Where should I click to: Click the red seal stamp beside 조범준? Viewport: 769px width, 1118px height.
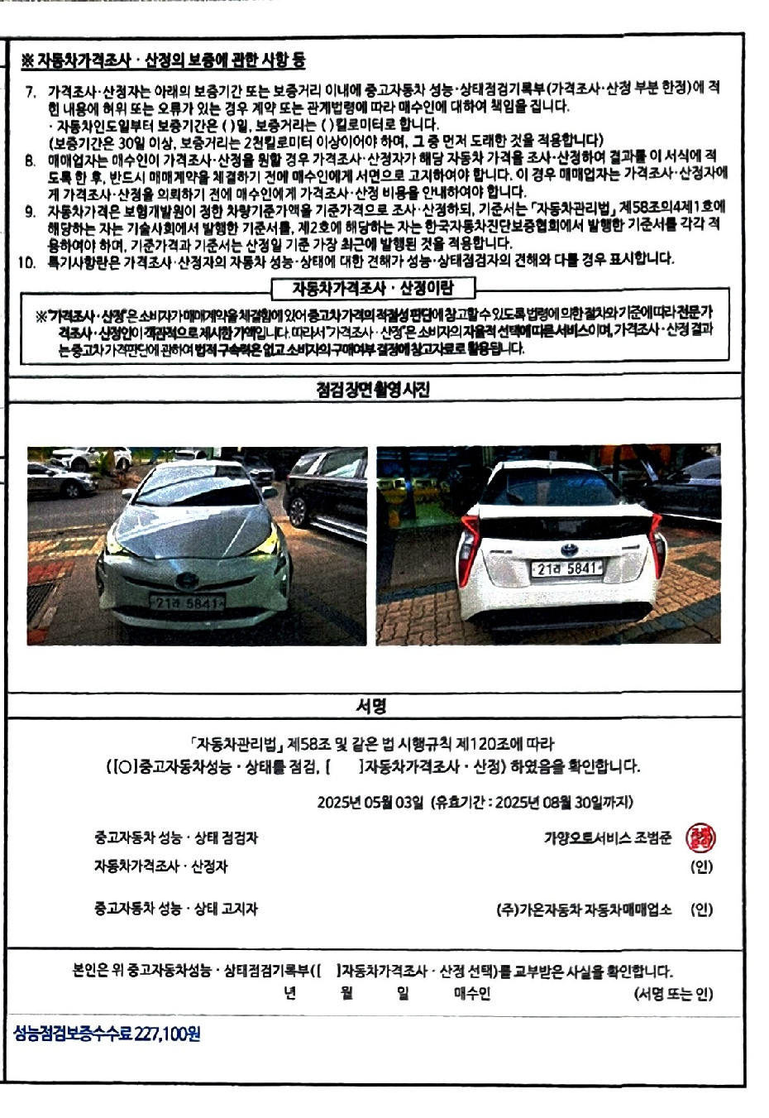click(x=701, y=837)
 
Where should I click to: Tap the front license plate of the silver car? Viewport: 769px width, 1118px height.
click(x=187, y=603)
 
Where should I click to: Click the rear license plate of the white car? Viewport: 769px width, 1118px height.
click(x=566, y=568)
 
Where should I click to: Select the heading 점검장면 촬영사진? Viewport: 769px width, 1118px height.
click(x=373, y=389)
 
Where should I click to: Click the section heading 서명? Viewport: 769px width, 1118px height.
click(x=371, y=706)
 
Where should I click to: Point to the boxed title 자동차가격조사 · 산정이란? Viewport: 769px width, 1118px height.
click(x=373, y=288)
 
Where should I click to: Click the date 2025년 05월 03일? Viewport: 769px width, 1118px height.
click(x=370, y=802)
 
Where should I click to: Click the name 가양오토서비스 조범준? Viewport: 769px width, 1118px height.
click(x=608, y=837)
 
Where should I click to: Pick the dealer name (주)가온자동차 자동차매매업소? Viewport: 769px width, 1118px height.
click(x=584, y=909)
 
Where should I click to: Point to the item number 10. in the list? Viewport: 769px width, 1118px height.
click(x=27, y=261)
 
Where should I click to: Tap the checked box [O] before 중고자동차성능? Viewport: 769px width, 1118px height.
click(x=122, y=767)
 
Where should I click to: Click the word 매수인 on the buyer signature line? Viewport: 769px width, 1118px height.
click(x=471, y=994)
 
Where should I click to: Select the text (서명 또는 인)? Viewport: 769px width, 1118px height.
click(x=673, y=994)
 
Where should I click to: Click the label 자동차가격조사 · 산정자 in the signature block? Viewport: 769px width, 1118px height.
click(x=160, y=867)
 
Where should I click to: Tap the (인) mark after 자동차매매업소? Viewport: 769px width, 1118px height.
click(x=701, y=909)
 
